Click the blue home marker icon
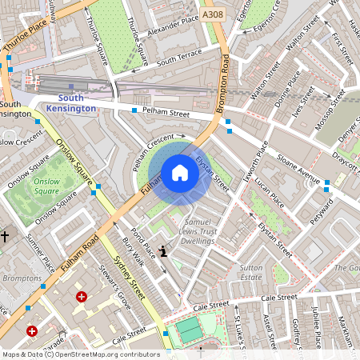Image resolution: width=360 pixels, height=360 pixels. point(180,173)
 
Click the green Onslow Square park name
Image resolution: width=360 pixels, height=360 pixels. point(47,186)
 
